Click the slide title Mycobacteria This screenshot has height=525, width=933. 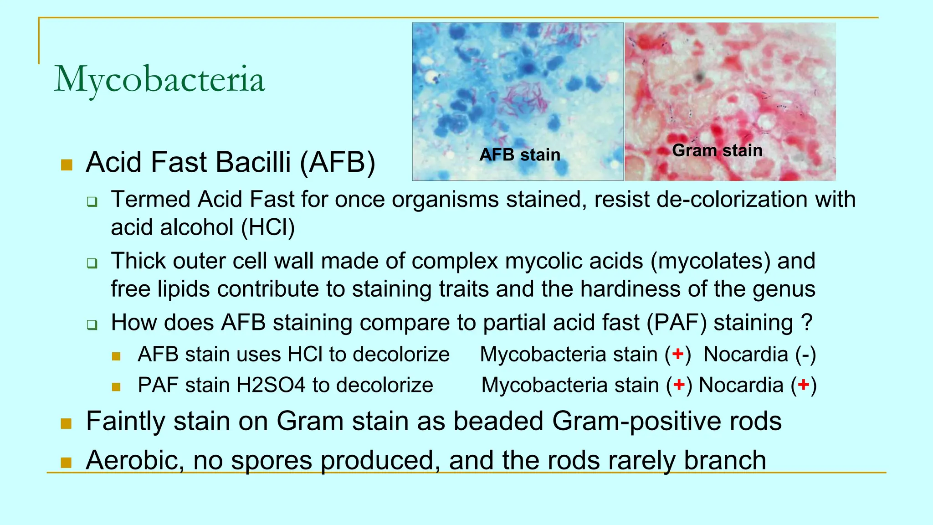(x=159, y=79)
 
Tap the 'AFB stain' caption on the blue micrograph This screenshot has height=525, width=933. (x=520, y=155)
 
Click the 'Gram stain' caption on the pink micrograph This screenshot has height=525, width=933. (x=717, y=150)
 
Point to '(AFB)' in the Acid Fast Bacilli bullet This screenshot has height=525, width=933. (x=338, y=162)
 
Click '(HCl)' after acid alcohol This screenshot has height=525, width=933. (x=268, y=227)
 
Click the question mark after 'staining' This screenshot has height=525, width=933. (x=807, y=323)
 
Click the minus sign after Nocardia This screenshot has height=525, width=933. (x=806, y=355)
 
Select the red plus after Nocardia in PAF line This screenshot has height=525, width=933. (x=804, y=385)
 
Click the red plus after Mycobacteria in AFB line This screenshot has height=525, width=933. (x=678, y=354)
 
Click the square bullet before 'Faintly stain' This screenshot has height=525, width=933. (x=67, y=424)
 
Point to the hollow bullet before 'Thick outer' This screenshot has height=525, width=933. (x=92, y=263)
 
